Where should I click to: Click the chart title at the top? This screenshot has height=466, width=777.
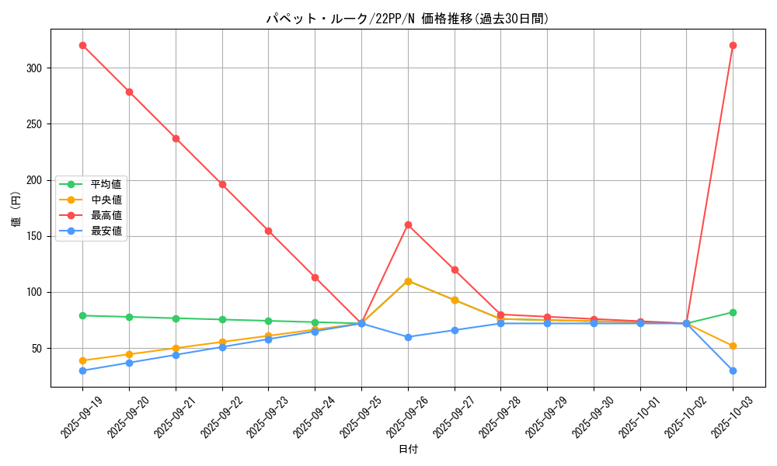click(408, 19)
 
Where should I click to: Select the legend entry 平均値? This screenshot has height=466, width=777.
click(106, 184)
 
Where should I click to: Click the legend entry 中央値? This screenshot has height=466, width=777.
click(106, 200)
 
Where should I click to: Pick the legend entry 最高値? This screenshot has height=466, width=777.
click(106, 215)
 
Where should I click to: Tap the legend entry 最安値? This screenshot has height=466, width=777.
click(106, 231)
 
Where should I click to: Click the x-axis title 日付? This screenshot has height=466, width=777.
click(408, 450)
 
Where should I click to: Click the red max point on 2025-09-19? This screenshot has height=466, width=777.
click(82, 45)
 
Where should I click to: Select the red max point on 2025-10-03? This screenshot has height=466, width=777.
click(733, 45)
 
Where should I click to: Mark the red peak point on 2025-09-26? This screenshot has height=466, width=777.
click(408, 224)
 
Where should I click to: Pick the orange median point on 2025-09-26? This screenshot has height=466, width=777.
click(408, 281)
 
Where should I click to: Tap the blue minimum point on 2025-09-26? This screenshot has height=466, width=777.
click(408, 337)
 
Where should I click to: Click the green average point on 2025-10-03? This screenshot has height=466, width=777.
click(733, 312)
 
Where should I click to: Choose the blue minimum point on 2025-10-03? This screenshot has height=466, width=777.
click(733, 370)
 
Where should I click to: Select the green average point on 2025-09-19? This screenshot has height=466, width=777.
click(82, 315)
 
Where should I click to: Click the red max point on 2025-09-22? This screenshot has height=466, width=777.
click(222, 184)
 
